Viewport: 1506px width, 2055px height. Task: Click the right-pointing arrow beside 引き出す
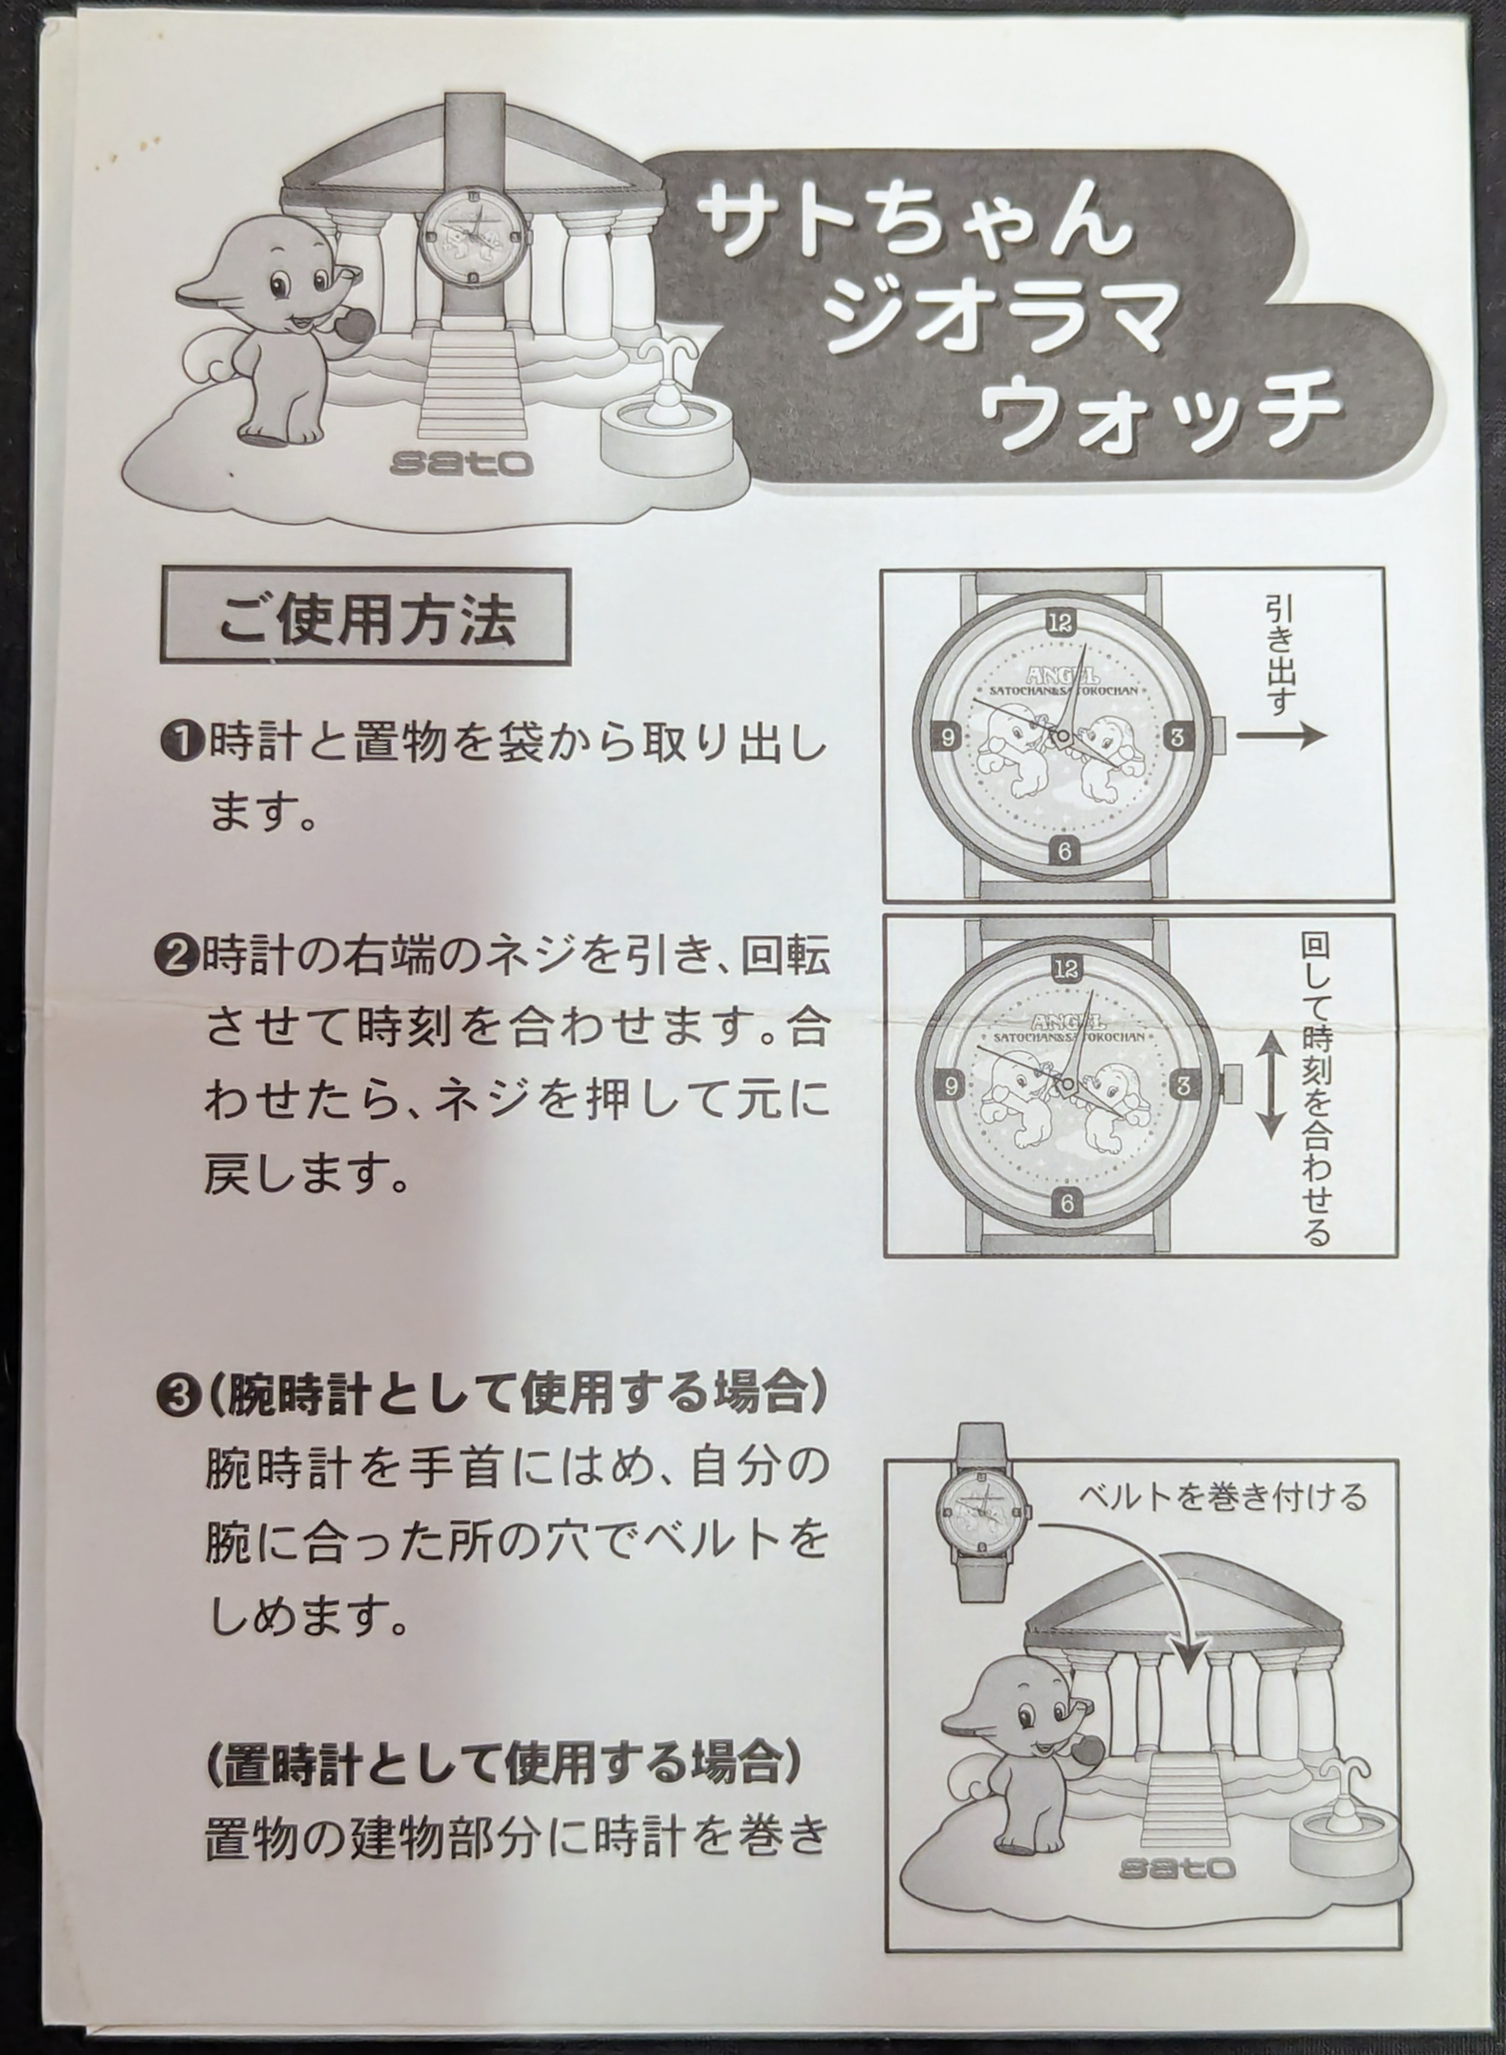tap(1281, 735)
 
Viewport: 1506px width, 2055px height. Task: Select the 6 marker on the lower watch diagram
tap(1067, 1203)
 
